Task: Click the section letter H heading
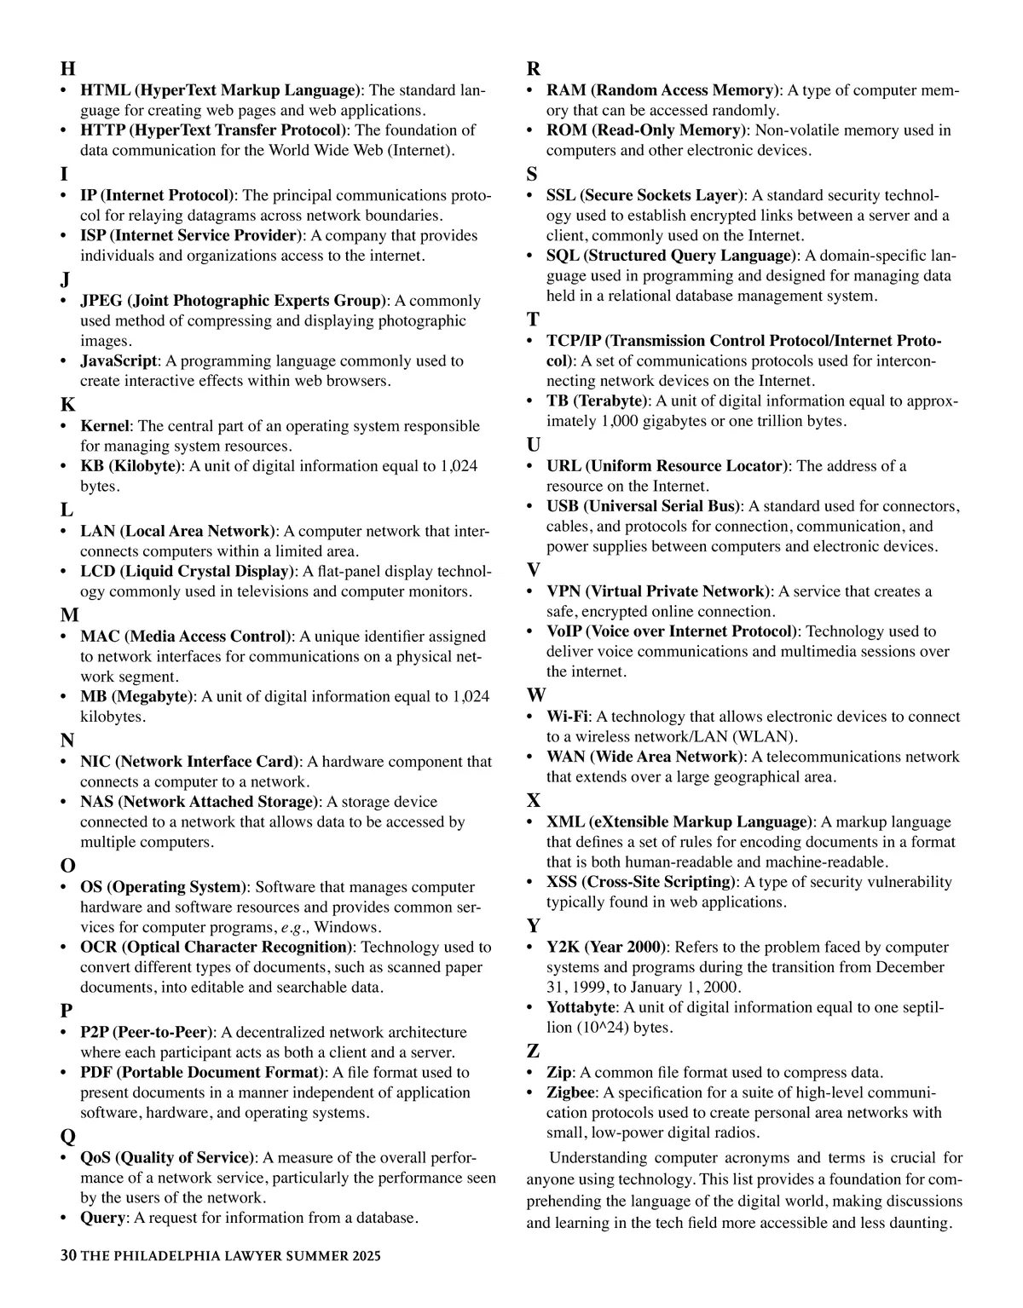tap(68, 69)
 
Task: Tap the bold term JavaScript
tap(118, 361)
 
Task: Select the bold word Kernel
tap(105, 426)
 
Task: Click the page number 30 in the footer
tap(68, 1256)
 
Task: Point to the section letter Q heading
tap(68, 1137)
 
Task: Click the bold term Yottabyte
tap(580, 1007)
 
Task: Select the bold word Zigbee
tap(570, 1092)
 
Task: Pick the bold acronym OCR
tap(99, 948)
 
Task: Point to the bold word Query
tap(102, 1218)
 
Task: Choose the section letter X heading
tap(534, 801)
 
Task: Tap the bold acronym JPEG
tap(101, 301)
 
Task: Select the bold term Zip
tap(558, 1072)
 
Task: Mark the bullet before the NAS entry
tap(64, 803)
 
